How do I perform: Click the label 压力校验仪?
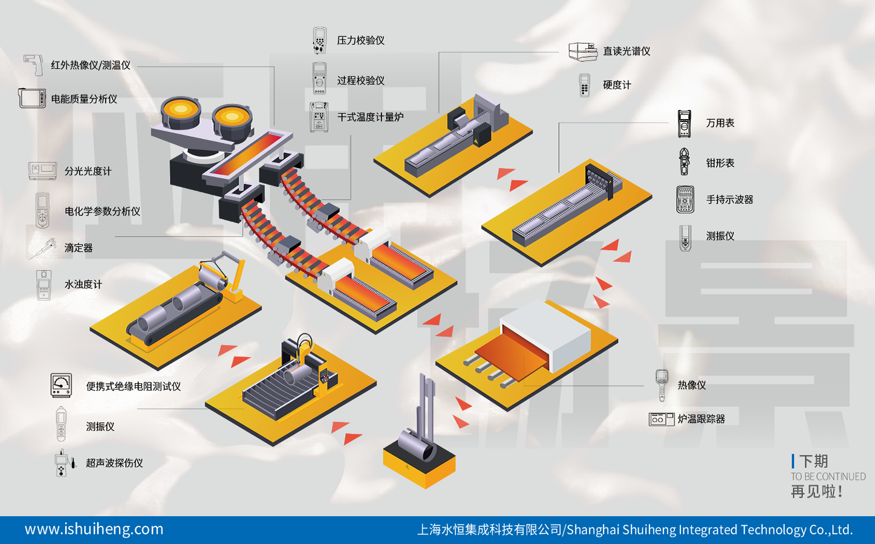click(x=360, y=40)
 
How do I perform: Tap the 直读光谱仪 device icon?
click(x=582, y=51)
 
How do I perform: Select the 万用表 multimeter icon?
click(x=684, y=123)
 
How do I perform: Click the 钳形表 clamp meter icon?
click(x=684, y=162)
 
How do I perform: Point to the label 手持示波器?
click(x=729, y=199)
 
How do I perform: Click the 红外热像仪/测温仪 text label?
click(x=91, y=65)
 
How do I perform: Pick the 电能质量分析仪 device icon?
click(x=32, y=99)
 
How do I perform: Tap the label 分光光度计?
click(x=88, y=171)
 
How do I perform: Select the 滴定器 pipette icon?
click(x=43, y=248)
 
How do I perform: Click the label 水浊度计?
click(x=83, y=284)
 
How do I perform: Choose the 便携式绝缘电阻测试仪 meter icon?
click(x=61, y=385)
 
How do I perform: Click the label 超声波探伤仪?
click(x=114, y=463)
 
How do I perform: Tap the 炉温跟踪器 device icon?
click(x=661, y=419)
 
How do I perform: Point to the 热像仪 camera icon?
click(x=662, y=384)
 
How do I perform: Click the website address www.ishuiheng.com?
click(x=94, y=529)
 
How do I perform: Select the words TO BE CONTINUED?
click(x=828, y=476)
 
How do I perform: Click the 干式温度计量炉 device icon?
click(x=319, y=117)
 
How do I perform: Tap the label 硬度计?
click(x=617, y=85)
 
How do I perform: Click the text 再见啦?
click(x=816, y=491)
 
